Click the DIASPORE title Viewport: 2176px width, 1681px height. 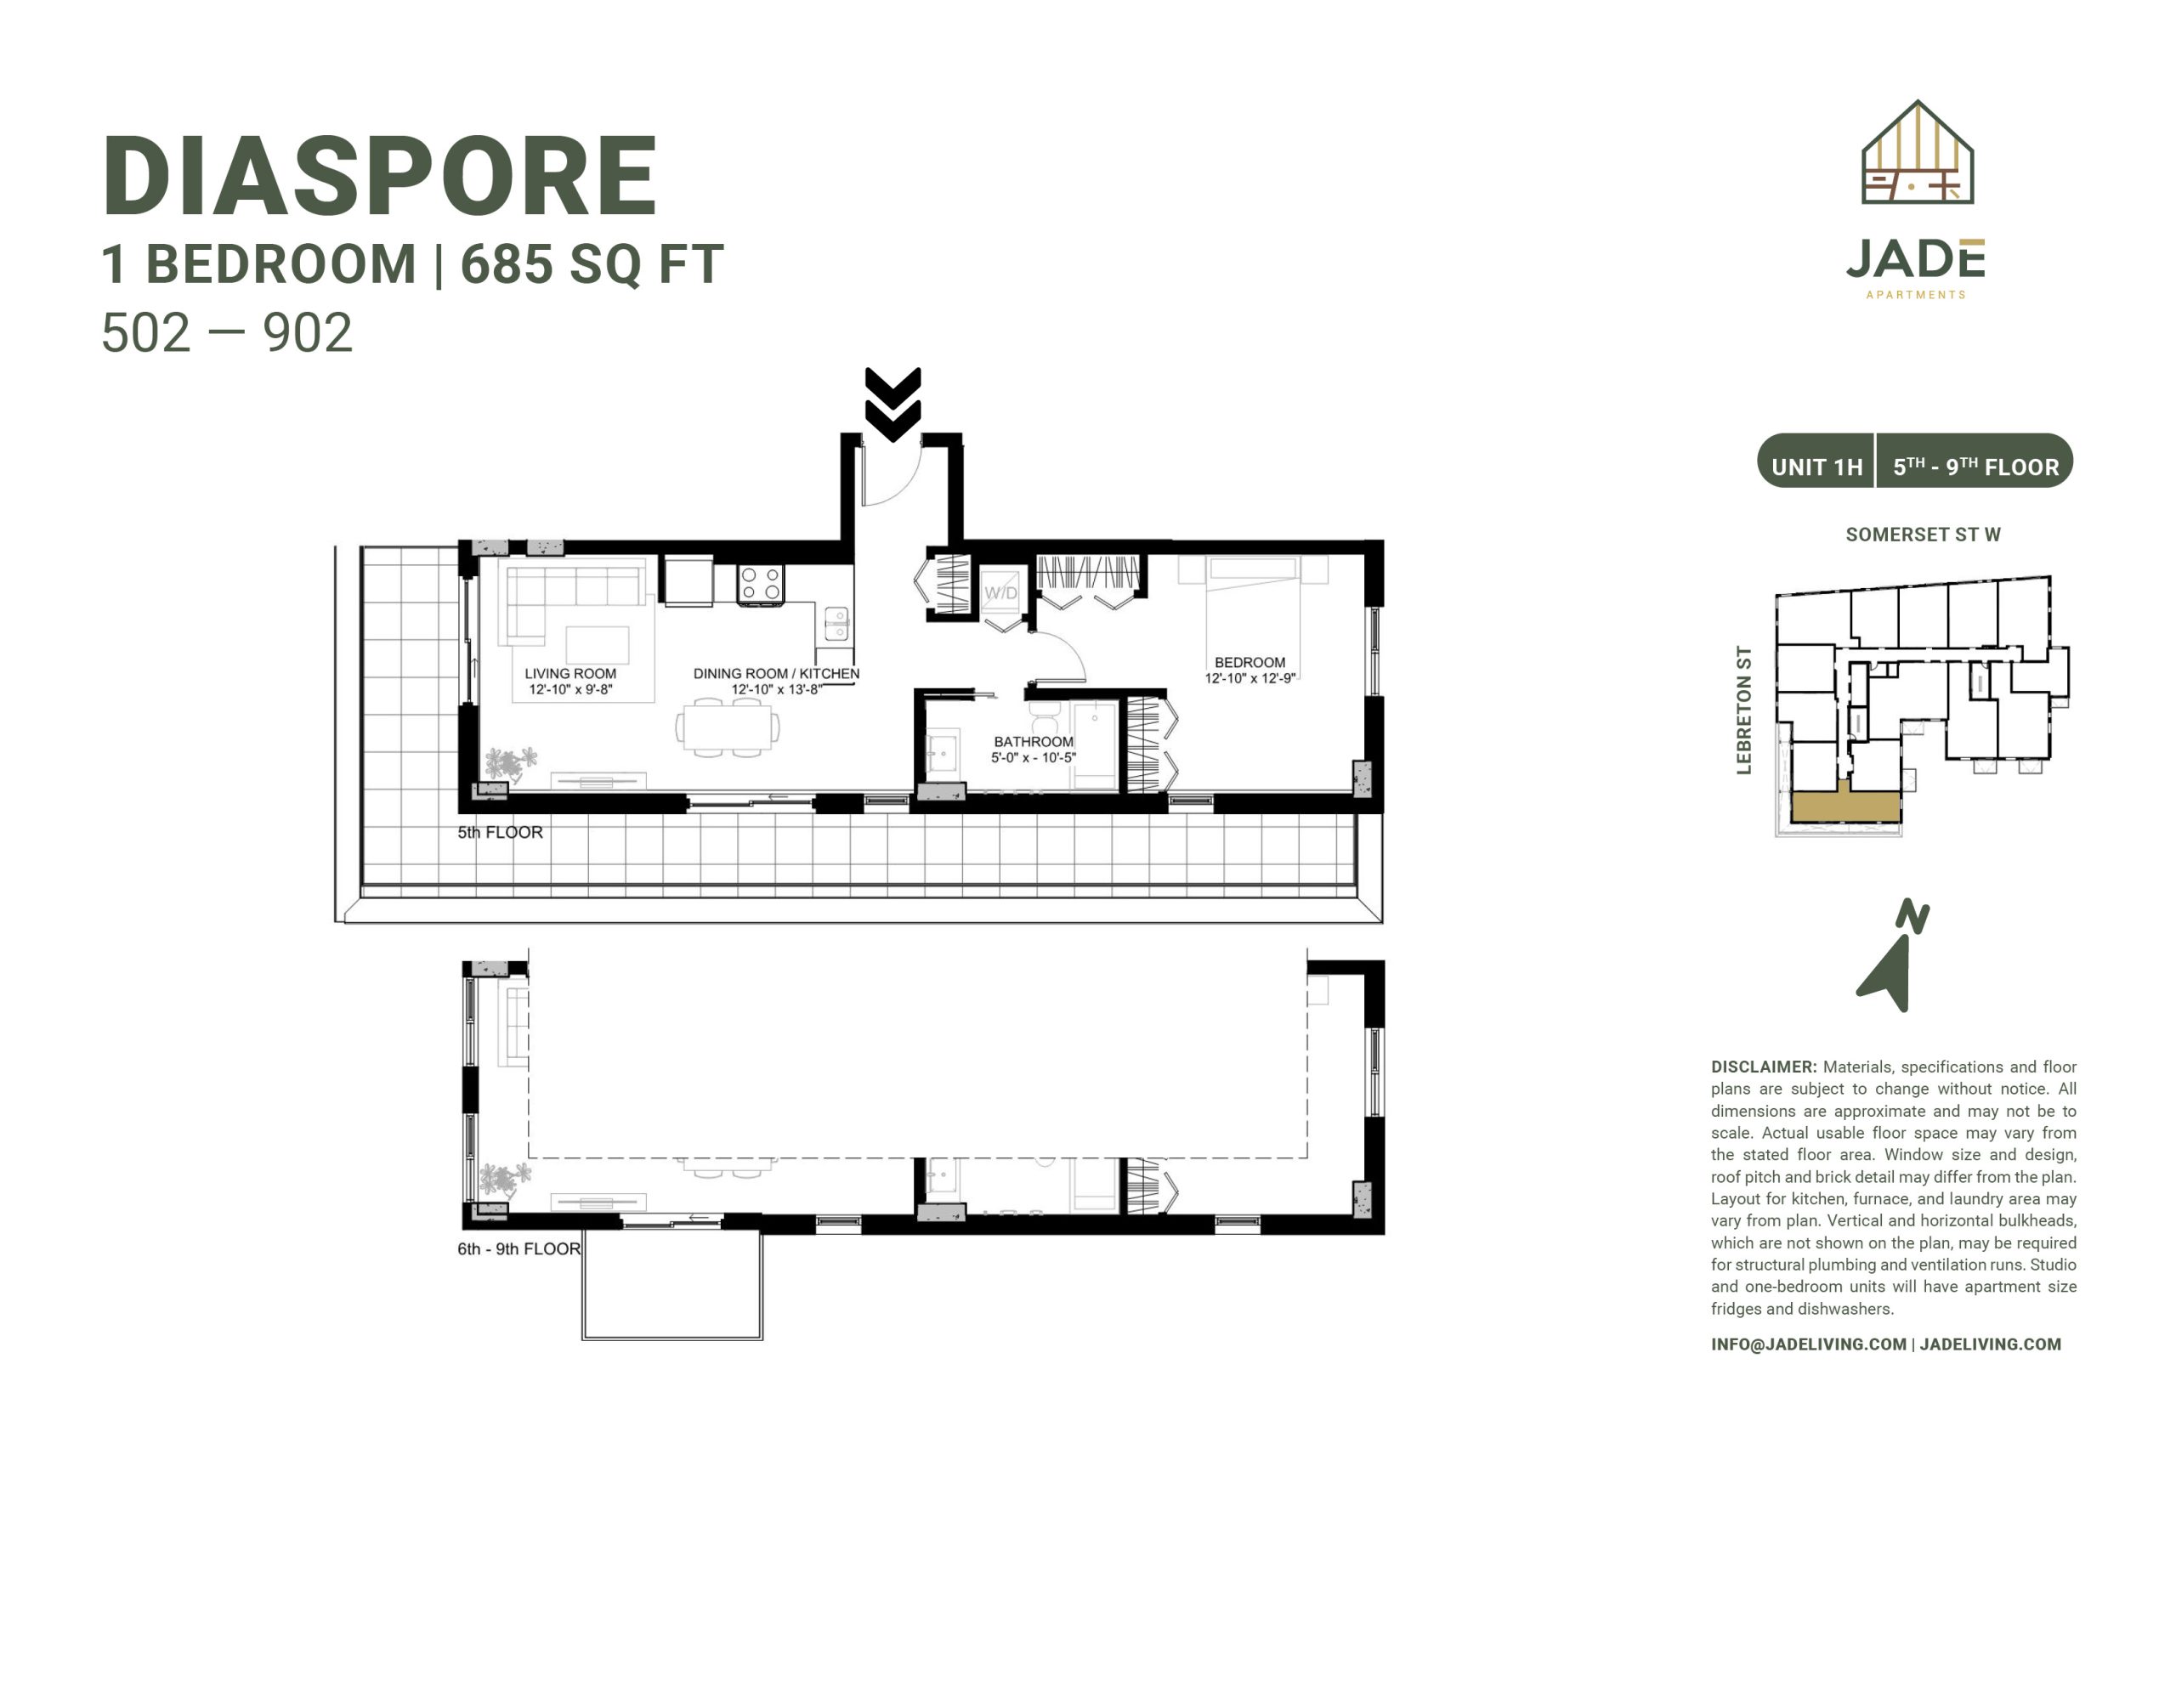(x=380, y=177)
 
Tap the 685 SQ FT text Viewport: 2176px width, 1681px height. (x=592, y=265)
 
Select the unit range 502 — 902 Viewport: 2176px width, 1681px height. (x=227, y=333)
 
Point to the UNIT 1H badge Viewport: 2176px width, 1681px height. (x=1816, y=467)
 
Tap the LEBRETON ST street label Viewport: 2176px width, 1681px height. (x=1743, y=710)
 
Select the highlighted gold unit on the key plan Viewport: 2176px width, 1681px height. (x=1846, y=805)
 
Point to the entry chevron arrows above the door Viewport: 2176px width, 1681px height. (x=892, y=404)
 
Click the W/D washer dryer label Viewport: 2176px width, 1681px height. (x=1001, y=593)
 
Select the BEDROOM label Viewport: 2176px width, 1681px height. (x=1249, y=663)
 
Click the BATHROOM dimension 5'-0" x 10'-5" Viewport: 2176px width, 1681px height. (x=1034, y=758)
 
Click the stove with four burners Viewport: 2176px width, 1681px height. (x=760, y=584)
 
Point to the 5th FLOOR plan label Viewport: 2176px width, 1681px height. (x=500, y=832)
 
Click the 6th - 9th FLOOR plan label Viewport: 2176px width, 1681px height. (x=519, y=1248)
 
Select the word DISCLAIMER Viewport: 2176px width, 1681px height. (x=1764, y=1067)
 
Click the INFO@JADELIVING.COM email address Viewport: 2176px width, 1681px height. (x=1808, y=1344)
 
